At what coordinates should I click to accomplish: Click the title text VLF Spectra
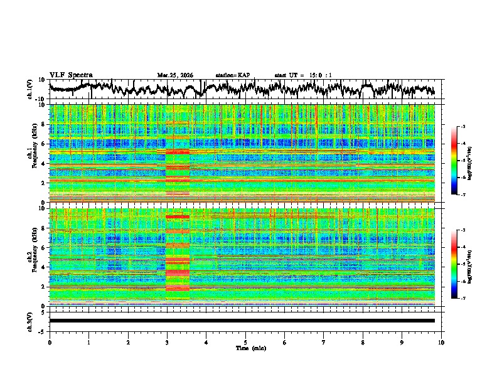(x=71, y=75)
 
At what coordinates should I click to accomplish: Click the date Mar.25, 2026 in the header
(x=175, y=75)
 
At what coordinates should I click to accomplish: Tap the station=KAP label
(x=232, y=75)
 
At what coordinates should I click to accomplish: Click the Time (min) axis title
(x=245, y=348)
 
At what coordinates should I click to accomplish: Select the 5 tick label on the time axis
(x=245, y=342)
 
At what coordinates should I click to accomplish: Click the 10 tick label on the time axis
(x=441, y=342)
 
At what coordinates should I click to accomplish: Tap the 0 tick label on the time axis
(x=50, y=342)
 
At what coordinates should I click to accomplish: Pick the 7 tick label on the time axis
(x=324, y=342)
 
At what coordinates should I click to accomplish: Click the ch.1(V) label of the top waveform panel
(x=31, y=89)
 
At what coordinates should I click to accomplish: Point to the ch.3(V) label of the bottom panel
(x=31, y=321)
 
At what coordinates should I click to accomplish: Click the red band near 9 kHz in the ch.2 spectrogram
(x=178, y=216)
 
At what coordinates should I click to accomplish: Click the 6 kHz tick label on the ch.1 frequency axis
(x=43, y=144)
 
